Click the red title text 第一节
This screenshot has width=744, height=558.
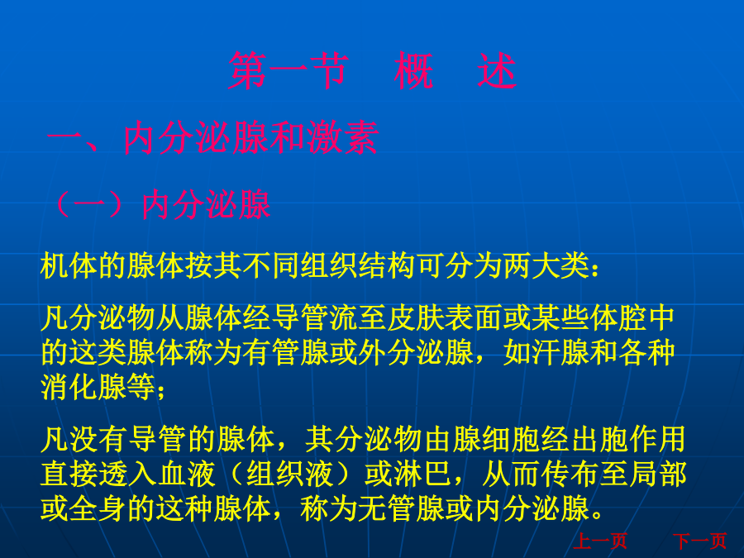click(x=289, y=71)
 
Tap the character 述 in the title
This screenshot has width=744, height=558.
click(x=497, y=71)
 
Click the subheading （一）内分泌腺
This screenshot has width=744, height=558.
click(x=160, y=205)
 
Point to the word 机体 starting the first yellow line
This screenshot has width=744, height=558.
click(x=69, y=265)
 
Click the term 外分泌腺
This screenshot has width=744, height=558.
click(x=416, y=352)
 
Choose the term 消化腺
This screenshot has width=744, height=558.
click(x=83, y=387)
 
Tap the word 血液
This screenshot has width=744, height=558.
click(x=187, y=474)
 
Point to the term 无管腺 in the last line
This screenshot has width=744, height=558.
click(x=402, y=508)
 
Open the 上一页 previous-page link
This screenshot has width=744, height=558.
click(x=600, y=541)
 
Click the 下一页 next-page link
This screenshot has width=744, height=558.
click(x=700, y=541)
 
